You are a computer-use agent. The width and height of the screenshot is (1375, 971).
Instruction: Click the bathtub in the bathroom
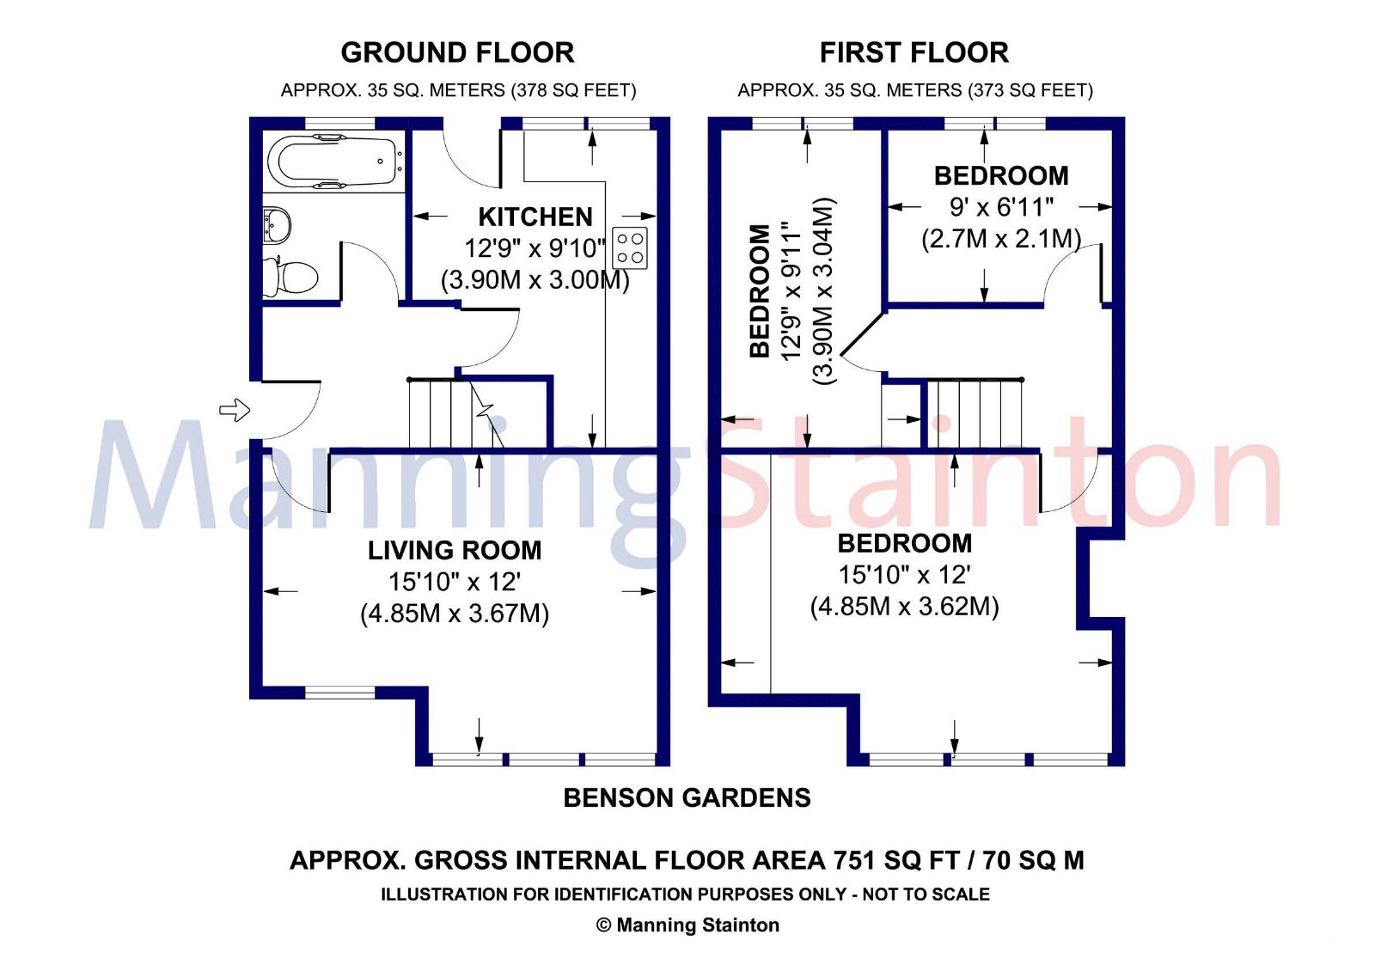coord(331,161)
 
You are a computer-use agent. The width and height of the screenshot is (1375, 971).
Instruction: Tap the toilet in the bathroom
coord(292,277)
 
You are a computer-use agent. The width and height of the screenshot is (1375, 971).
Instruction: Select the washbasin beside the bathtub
coord(277,225)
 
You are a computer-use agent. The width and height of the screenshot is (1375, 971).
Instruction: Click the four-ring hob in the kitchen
coord(630,248)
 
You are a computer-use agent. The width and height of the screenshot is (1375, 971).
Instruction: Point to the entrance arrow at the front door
coord(235,410)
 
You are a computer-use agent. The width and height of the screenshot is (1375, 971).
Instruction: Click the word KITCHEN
coord(535,217)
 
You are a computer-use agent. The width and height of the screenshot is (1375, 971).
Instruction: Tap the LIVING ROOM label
coord(455,550)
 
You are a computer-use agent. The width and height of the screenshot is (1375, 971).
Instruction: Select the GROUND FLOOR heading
coord(457,52)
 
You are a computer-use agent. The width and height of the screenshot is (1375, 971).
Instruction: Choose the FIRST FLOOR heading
coord(914,52)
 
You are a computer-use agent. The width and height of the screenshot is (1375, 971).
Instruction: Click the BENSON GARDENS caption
coord(687,797)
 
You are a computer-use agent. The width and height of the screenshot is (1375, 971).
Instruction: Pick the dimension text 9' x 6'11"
coord(1001,207)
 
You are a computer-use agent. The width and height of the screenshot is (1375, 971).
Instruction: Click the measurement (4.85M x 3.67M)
coord(455,613)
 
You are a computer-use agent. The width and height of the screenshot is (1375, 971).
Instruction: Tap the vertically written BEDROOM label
coord(760,290)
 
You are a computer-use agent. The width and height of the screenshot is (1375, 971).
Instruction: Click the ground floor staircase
coord(451,414)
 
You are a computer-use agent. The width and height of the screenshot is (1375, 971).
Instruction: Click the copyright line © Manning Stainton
coord(687,925)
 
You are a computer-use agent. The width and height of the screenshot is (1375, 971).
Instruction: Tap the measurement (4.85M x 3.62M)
coord(904,606)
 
